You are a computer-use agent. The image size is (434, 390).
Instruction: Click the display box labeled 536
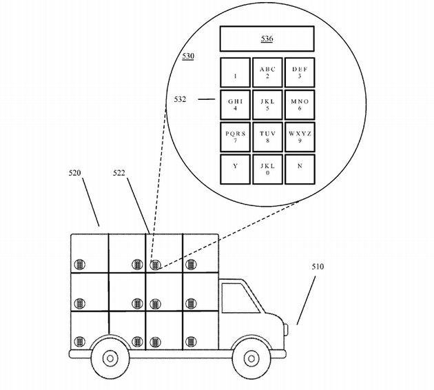pos(267,39)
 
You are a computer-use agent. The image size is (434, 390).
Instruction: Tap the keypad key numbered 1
pos(235,72)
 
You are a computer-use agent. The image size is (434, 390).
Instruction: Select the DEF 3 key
pos(300,72)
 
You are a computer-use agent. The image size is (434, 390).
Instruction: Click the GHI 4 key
pos(235,104)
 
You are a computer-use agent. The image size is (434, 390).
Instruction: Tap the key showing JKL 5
pos(267,104)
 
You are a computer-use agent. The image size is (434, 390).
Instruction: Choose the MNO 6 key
pos(300,104)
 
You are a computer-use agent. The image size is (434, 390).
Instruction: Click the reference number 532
pos(180,99)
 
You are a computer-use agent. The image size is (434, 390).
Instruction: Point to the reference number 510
pos(318,266)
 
